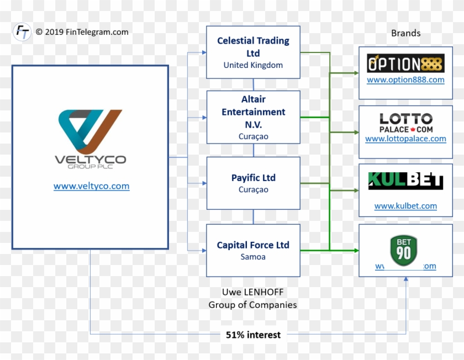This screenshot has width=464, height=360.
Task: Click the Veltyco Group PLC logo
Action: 91,139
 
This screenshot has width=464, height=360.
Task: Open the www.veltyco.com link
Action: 91,186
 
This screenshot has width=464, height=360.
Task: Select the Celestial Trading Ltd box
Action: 253,52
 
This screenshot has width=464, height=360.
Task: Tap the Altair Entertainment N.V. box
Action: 253,117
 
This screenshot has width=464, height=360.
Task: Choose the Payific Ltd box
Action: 253,183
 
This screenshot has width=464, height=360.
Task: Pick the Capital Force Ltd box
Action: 253,250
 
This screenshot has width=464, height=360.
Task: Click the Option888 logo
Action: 405,63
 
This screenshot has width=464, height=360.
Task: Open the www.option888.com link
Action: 405,80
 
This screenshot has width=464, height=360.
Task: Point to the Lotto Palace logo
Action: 405,123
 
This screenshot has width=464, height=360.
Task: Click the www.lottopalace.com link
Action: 405,139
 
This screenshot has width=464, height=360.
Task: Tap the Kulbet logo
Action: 405,181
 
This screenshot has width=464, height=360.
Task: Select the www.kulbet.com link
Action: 405,206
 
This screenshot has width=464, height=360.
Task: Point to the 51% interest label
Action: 253,335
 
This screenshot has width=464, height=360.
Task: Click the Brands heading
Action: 405,33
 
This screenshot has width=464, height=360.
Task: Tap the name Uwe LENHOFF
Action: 252,292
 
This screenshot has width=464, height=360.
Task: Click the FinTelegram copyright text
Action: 82,32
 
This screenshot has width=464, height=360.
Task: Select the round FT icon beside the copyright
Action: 22,32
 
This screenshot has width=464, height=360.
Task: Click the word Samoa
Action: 253,257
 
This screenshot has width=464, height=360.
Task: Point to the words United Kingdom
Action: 253,65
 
